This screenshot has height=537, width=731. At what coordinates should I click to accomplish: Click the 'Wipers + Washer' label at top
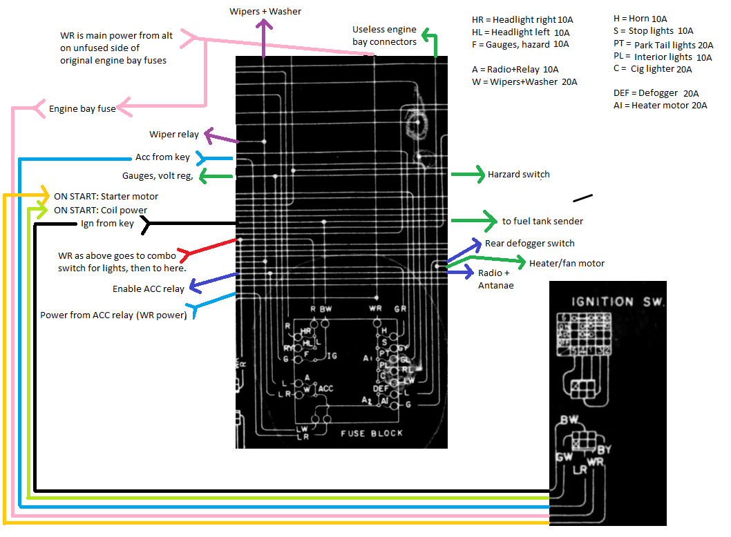pyautogui.click(x=265, y=12)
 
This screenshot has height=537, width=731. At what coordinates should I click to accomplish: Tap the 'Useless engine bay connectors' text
pyautogui.click(x=384, y=36)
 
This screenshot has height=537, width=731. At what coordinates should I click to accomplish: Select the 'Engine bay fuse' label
pyautogui.click(x=82, y=108)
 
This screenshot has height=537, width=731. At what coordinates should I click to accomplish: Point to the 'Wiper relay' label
pyautogui.click(x=174, y=134)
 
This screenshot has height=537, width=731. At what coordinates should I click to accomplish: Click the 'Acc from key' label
pyautogui.click(x=162, y=157)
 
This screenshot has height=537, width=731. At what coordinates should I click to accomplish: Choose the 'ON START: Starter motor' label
pyautogui.click(x=106, y=196)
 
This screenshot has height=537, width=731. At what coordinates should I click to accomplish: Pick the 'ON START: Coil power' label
pyautogui.click(x=100, y=210)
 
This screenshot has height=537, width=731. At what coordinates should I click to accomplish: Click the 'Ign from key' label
pyautogui.click(x=107, y=223)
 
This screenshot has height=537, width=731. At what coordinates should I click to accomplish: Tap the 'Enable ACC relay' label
pyautogui.click(x=149, y=289)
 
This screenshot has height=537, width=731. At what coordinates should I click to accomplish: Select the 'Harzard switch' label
pyautogui.click(x=518, y=175)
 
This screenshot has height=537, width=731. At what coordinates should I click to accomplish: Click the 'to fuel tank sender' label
pyautogui.click(x=542, y=222)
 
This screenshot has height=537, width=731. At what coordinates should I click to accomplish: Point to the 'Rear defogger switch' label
pyautogui.click(x=529, y=243)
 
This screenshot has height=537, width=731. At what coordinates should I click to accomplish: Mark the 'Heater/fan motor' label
pyautogui.click(x=567, y=263)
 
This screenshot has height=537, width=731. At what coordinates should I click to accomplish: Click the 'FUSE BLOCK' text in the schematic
pyautogui.click(x=372, y=433)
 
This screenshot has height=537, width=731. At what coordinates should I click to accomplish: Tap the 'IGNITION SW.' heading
pyautogui.click(x=602, y=302)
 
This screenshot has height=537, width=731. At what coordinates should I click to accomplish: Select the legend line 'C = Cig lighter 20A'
pyautogui.click(x=652, y=69)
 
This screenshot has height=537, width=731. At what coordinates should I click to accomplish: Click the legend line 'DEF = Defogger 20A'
pyautogui.click(x=656, y=93)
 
